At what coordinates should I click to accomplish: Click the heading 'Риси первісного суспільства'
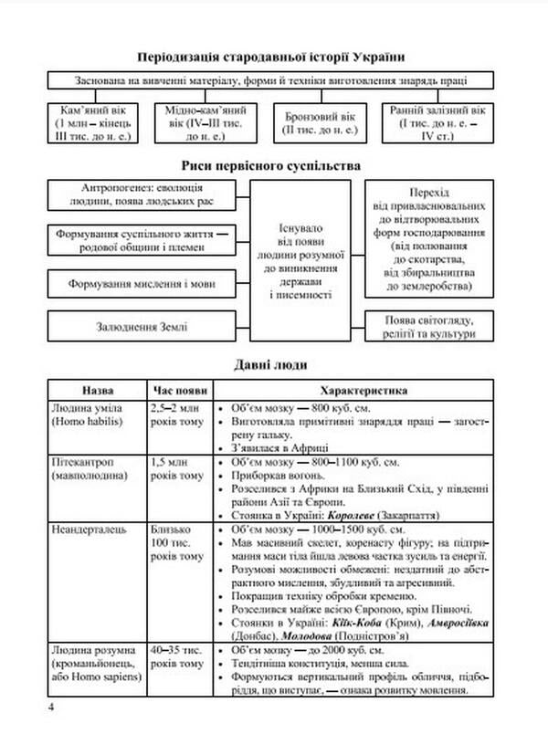[x=272, y=165]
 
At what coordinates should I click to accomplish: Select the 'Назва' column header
[x=96, y=389]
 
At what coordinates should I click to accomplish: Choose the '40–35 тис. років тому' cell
[x=178, y=655]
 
